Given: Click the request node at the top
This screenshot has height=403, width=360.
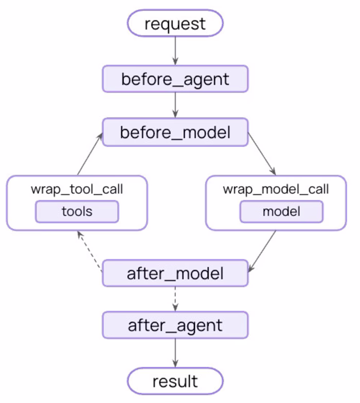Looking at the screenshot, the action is [175, 24].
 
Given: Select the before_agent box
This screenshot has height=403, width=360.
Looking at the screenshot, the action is [175, 79].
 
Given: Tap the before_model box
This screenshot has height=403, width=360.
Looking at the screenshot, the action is [175, 133].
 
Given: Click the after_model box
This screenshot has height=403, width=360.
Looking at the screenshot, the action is [175, 273].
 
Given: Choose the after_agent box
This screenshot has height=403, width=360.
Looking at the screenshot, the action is [175, 325].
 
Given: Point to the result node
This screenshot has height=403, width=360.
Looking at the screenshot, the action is [175, 381].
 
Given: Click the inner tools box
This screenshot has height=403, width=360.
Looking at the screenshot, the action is [77, 212].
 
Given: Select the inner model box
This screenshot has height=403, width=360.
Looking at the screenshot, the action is [281, 212].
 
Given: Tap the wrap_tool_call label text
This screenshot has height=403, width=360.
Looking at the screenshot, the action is [77, 189].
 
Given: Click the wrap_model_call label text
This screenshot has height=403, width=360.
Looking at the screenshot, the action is [276, 189].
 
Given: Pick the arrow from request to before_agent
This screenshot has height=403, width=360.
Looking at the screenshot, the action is [175, 51].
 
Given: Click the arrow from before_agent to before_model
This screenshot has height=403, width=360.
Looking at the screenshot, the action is [175, 105].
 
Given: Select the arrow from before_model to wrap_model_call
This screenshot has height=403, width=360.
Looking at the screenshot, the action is [262, 154].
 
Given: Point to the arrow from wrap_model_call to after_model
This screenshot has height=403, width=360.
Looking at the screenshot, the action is [262, 251].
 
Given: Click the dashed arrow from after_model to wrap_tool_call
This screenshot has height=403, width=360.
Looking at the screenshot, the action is [89, 251].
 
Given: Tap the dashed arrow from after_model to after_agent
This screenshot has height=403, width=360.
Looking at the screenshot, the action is [175, 299].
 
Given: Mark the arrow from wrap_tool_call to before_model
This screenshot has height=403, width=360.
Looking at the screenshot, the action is [90, 154].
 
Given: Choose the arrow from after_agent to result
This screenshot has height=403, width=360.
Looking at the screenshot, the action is [175, 353].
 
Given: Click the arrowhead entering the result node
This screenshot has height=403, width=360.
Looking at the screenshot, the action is [175, 364].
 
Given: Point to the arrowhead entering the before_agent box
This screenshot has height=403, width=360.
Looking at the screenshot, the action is [175, 62].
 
